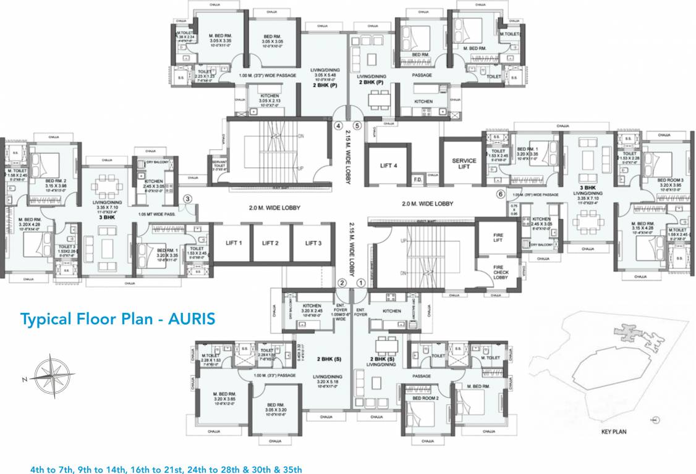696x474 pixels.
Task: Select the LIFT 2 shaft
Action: [x=270, y=243]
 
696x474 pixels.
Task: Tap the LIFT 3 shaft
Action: [x=313, y=243]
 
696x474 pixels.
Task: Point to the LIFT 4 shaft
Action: [x=388, y=165]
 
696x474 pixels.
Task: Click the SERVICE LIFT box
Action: [x=464, y=164]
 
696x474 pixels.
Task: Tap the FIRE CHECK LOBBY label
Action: [x=500, y=272]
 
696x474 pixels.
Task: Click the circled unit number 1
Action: [x=362, y=283]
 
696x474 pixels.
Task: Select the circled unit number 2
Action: [x=341, y=283]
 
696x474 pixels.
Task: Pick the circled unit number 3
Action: [x=189, y=198]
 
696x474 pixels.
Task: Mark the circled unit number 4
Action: [x=337, y=125]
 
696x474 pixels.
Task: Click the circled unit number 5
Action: [x=357, y=125]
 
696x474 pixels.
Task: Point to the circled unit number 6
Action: [x=500, y=193]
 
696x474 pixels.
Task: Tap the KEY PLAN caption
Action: [x=614, y=431]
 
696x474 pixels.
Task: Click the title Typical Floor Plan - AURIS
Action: [x=117, y=319]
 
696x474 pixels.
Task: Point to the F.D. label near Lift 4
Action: [x=417, y=180]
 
